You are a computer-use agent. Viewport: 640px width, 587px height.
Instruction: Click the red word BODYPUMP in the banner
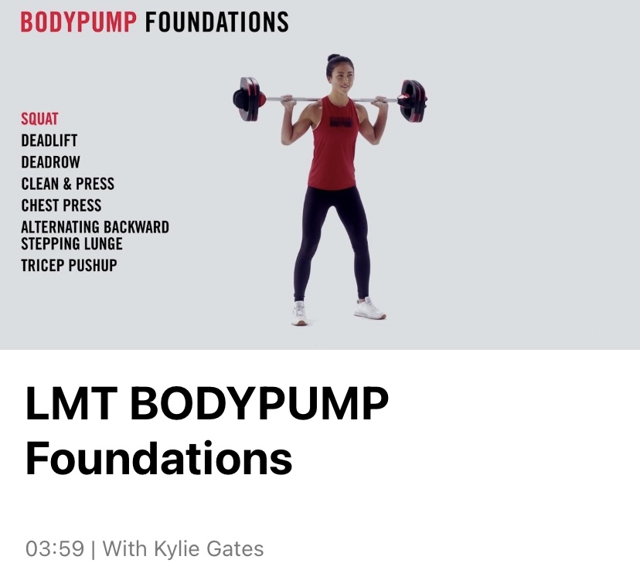coord(79,22)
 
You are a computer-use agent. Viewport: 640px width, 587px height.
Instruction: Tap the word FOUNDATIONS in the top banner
coord(216,22)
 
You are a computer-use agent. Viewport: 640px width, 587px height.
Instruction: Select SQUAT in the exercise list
coord(39,119)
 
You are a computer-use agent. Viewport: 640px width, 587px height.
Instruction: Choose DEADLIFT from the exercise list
coord(49,141)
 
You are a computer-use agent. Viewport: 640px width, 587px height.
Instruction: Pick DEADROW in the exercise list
coord(50,162)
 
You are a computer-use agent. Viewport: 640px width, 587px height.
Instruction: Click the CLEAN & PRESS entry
coord(68,184)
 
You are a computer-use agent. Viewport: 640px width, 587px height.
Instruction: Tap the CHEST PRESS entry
coord(61,205)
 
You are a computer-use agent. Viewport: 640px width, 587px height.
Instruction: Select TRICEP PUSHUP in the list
coord(69,266)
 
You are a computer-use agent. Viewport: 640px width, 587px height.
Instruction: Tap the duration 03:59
coord(55,548)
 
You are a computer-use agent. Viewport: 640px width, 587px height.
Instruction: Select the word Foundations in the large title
coord(158,458)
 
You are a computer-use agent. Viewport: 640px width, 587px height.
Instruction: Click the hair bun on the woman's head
coord(333,57)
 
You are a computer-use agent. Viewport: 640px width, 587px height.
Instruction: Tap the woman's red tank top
coord(333,143)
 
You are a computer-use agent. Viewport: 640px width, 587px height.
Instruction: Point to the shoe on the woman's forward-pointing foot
coord(299,314)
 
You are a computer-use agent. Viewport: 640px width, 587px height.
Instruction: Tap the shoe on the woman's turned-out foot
coord(369,309)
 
